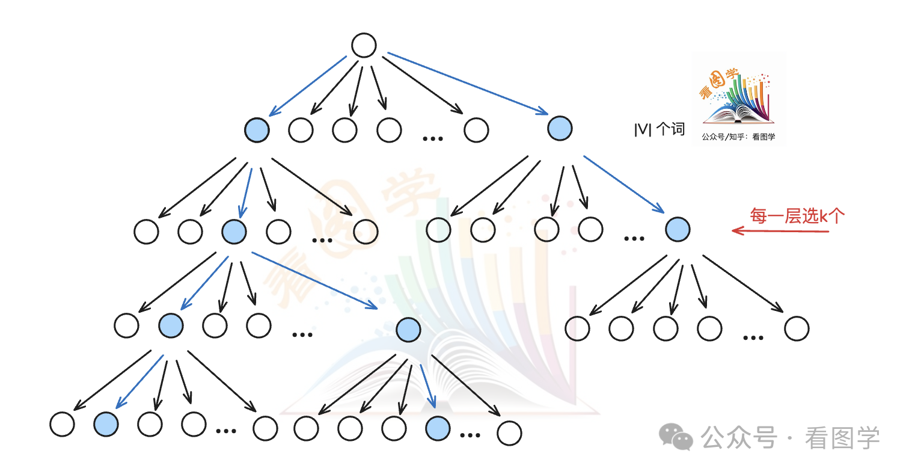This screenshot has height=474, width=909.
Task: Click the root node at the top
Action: click(x=364, y=45)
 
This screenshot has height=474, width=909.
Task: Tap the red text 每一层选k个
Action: click(x=797, y=216)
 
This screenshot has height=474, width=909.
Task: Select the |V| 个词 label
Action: click(x=660, y=129)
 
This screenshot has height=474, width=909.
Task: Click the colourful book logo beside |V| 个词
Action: click(x=738, y=96)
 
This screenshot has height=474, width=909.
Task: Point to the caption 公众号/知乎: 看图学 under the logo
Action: click(x=738, y=137)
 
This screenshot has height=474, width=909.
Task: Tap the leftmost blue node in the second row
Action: click(x=257, y=129)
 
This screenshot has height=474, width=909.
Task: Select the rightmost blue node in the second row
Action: click(x=560, y=128)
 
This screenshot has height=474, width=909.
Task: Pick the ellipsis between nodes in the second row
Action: click(x=432, y=138)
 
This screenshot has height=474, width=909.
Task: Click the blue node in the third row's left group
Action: click(x=234, y=231)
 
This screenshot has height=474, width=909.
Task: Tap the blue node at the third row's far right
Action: click(x=678, y=229)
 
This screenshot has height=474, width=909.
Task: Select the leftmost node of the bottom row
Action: click(x=62, y=424)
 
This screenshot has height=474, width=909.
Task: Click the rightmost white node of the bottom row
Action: click(x=509, y=433)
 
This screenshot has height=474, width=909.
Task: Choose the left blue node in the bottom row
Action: click(x=106, y=424)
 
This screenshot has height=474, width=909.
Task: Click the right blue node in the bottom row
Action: click(x=437, y=428)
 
